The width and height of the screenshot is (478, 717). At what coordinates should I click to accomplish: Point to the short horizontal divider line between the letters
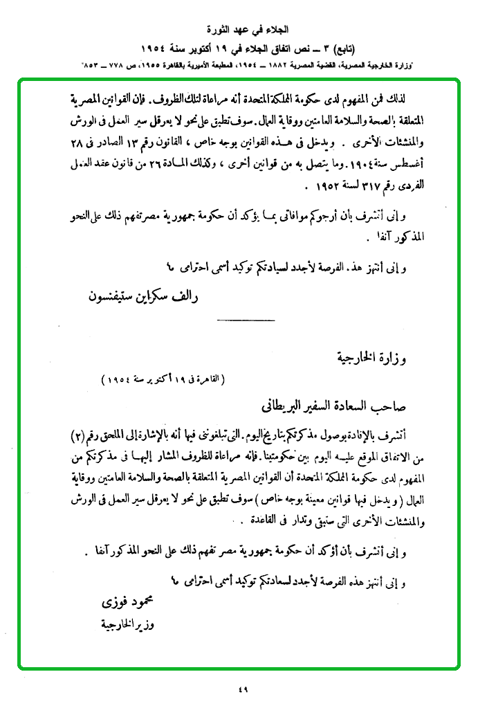click(x=246, y=320)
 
